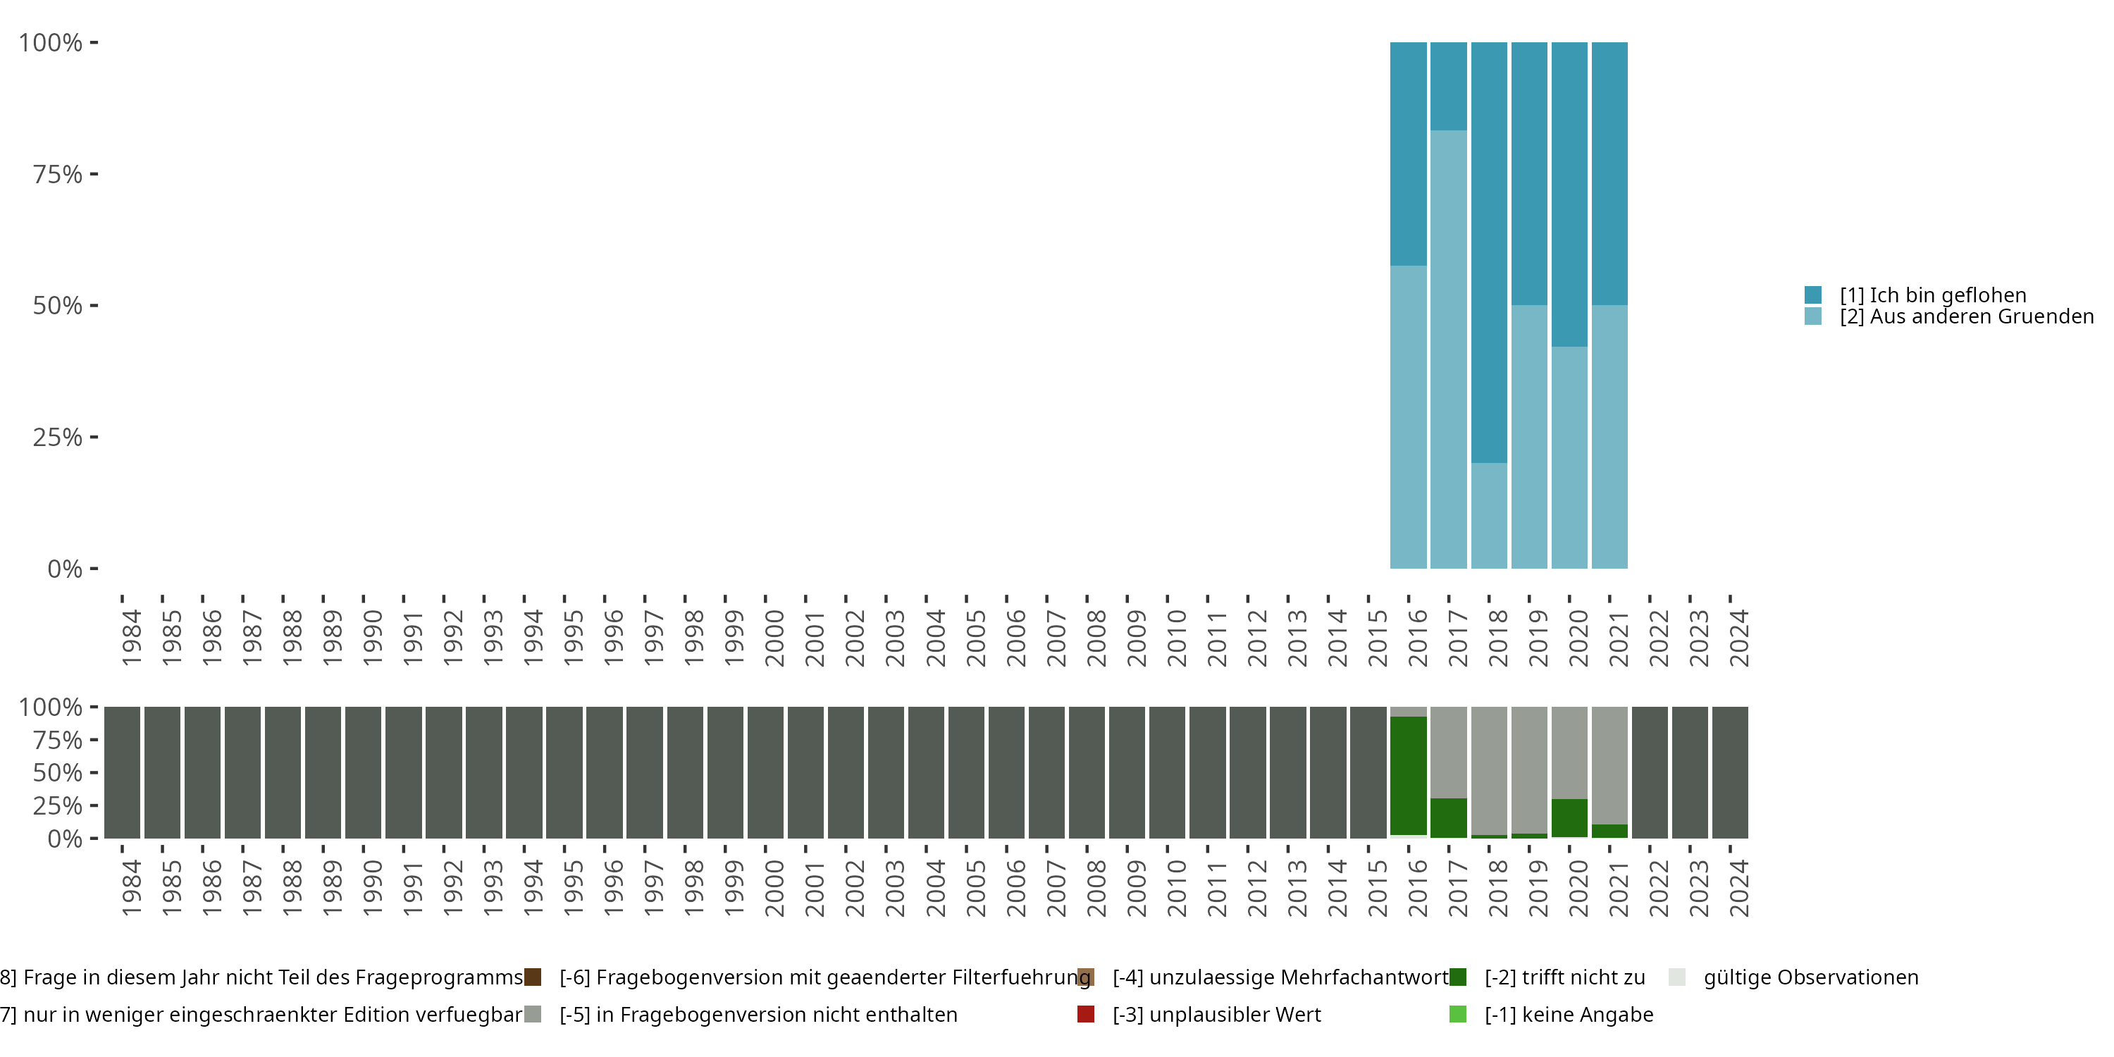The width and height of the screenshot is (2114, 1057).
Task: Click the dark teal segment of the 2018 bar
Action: [1489, 252]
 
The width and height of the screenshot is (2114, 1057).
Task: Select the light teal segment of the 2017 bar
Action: [1449, 349]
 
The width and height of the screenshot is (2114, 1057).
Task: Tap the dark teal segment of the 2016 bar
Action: [1408, 154]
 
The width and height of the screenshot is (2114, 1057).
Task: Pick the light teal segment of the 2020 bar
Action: [1569, 457]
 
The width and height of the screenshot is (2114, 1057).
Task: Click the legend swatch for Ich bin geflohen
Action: [1813, 295]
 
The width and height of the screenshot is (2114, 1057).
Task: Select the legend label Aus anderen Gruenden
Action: [1966, 317]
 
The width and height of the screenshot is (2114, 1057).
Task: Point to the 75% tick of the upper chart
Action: [94, 174]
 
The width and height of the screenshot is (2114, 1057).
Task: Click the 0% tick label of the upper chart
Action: [65, 569]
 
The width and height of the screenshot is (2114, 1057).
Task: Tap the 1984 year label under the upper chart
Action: [131, 638]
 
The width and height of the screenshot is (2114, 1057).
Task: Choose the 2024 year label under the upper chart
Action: [1739, 638]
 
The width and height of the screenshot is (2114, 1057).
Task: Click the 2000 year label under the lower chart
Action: [774, 888]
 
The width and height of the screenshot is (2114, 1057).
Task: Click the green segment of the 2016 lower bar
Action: [1408, 776]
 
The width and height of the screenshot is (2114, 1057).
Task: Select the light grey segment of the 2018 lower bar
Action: [1489, 769]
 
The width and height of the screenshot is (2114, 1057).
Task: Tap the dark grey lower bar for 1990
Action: [363, 772]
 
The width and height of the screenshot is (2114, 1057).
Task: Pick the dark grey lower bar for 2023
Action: [1690, 772]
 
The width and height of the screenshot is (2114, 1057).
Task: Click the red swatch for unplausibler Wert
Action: [1086, 1014]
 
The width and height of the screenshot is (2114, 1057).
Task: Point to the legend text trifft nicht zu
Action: [1564, 977]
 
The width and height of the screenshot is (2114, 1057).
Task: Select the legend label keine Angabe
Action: [1569, 1014]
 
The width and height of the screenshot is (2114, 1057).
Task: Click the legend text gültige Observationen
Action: [1810, 977]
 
